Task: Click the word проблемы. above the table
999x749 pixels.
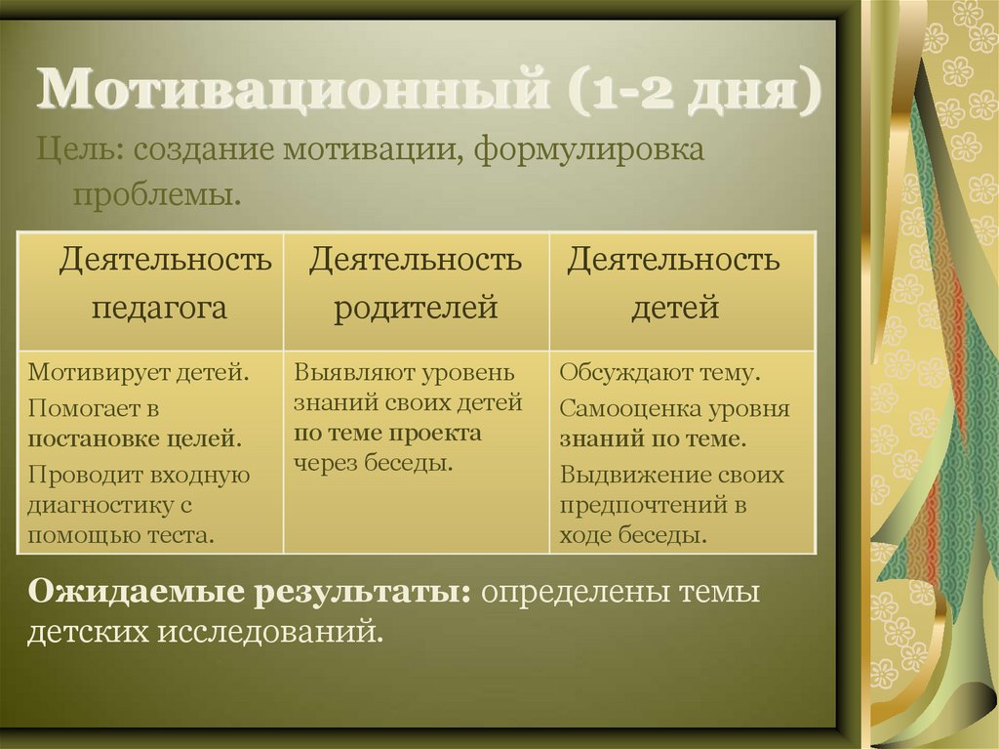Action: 156,193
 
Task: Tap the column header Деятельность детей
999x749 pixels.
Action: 674,284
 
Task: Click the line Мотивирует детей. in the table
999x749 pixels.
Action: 138,372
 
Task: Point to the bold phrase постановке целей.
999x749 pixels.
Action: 135,438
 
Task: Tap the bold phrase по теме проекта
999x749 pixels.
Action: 387,433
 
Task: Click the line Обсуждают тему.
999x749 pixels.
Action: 660,372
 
